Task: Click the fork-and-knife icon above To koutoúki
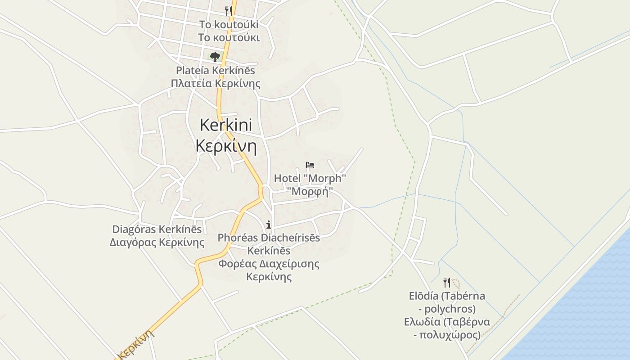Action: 229,11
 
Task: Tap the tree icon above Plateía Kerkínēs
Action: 215,57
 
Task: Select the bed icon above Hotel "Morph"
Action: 310,165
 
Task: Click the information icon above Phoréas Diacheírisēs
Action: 269,225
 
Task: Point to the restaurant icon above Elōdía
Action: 447,282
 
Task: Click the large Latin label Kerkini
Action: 226,125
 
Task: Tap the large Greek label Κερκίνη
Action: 226,147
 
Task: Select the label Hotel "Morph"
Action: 310,178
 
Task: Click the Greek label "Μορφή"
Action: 310,192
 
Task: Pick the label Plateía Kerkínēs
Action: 215,71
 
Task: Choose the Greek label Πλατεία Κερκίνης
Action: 216,84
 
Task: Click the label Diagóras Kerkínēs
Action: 157,229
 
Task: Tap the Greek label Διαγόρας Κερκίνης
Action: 157,243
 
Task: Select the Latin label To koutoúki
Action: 229,24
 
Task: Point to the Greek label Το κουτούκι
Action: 229,37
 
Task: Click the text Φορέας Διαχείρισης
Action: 269,263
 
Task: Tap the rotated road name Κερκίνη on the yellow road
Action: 136,345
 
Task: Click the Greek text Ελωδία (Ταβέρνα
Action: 447,322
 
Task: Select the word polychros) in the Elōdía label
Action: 450,309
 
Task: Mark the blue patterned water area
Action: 585,306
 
